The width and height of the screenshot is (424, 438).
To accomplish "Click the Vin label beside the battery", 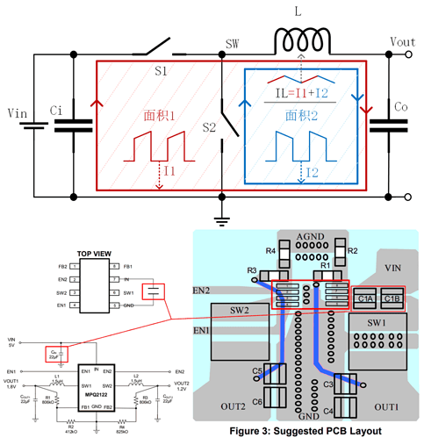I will click(x=20, y=114).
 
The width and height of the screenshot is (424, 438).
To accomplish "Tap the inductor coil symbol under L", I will click(x=300, y=39).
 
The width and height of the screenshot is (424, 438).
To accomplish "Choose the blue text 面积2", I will click(x=303, y=115).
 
